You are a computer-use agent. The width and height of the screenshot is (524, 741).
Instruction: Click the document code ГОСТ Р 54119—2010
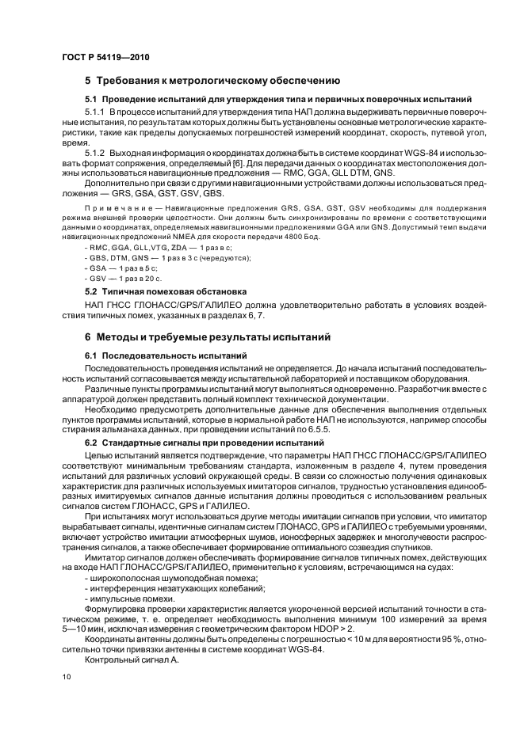pyautogui.click(x=105, y=58)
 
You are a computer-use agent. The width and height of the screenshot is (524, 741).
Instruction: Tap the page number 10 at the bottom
pyautogui.click(x=67, y=677)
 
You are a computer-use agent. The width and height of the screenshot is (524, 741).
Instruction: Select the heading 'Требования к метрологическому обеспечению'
pyautogui.click(x=218, y=81)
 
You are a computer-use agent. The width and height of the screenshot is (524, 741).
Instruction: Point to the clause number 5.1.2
pyautogui.click(x=97, y=151)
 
